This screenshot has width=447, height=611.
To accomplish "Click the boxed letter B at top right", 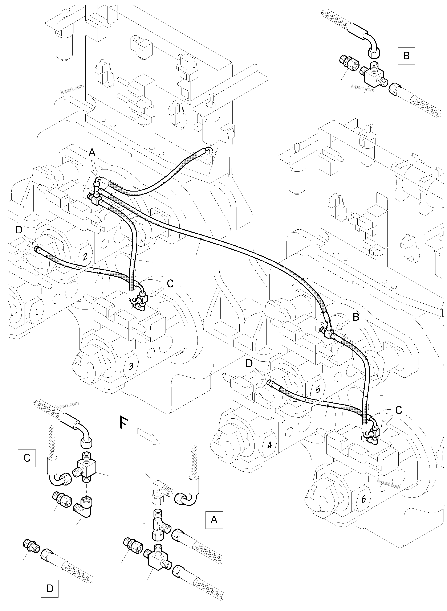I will [406, 56].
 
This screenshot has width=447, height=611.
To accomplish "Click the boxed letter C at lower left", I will [27, 458].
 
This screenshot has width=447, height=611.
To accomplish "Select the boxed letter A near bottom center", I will [214, 520].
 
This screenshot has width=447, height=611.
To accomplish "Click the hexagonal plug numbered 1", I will [36, 312].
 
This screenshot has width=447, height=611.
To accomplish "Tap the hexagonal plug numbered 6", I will [364, 499].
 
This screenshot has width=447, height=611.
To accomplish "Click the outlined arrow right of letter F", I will [149, 436].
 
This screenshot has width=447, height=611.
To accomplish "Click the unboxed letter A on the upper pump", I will [92, 153].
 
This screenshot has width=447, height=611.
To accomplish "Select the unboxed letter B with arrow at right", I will [356, 317].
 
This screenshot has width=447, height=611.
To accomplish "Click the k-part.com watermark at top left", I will [72, 89].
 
